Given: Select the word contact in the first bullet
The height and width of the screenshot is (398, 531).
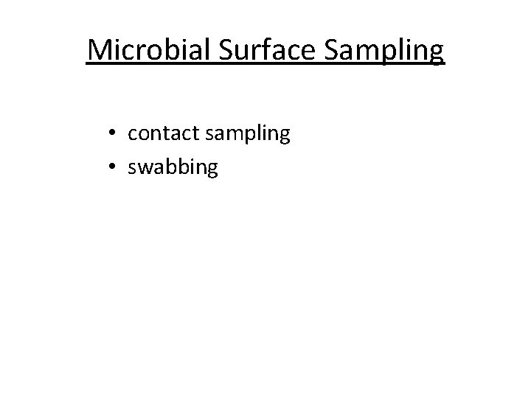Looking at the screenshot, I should pyautogui.click(x=158, y=133).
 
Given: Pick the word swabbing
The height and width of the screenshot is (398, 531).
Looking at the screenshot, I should pyautogui.click(x=173, y=168).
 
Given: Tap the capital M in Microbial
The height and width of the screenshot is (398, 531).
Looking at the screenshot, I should pyautogui.click(x=99, y=50).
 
